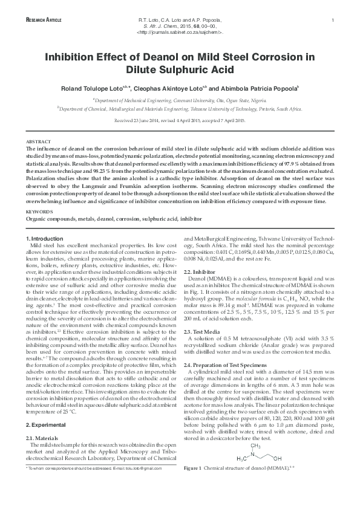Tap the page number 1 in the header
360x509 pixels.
point(333,21)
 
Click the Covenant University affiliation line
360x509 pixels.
point(180,100)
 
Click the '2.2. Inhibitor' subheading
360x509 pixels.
point(200,272)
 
